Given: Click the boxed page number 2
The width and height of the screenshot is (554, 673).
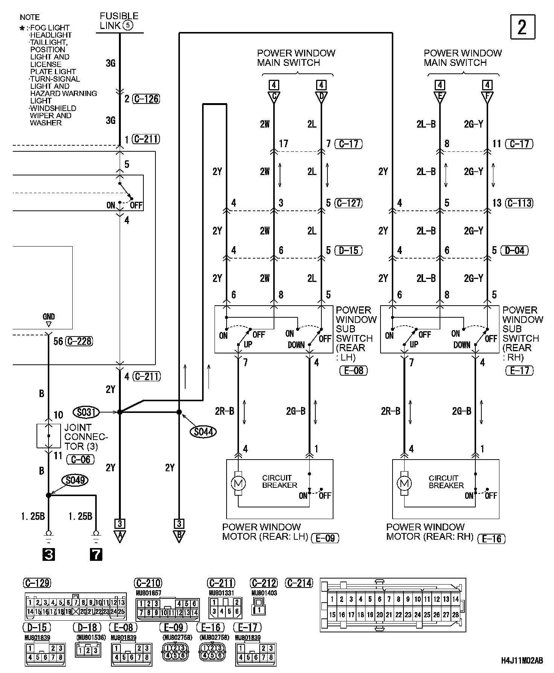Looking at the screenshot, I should tap(522, 27).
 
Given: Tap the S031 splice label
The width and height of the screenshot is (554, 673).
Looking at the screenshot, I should tap(86, 412).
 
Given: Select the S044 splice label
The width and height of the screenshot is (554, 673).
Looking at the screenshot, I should tap(203, 432).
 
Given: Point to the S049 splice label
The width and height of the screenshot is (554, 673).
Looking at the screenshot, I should tap(75, 480).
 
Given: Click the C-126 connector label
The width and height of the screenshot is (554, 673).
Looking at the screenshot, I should tap(146, 99).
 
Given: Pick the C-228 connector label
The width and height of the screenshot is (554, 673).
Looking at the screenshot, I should tap(79, 341).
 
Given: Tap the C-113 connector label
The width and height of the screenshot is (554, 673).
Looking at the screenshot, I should tap(519, 203).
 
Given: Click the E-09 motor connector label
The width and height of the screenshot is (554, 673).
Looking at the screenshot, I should tap(325, 538).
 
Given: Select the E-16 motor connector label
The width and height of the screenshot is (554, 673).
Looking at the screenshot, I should tap(492, 539).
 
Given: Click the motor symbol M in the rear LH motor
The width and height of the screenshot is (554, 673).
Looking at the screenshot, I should tap(238, 483).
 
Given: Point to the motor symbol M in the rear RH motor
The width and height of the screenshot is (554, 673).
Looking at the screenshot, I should tap(405, 483).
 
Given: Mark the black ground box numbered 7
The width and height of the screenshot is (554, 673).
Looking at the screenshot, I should tap(96, 554).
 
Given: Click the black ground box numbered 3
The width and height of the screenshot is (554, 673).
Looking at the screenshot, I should tap(49, 554).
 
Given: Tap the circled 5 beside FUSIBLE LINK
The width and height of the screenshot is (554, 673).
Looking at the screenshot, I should tap(128, 26).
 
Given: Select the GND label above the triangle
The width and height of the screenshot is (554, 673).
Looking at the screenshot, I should tap(49, 317).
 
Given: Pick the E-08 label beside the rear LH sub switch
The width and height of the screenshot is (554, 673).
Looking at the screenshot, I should tap(353, 370).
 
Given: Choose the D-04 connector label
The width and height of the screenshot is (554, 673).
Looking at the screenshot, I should tap(514, 251).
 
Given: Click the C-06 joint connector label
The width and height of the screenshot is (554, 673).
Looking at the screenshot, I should tap(80, 459).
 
